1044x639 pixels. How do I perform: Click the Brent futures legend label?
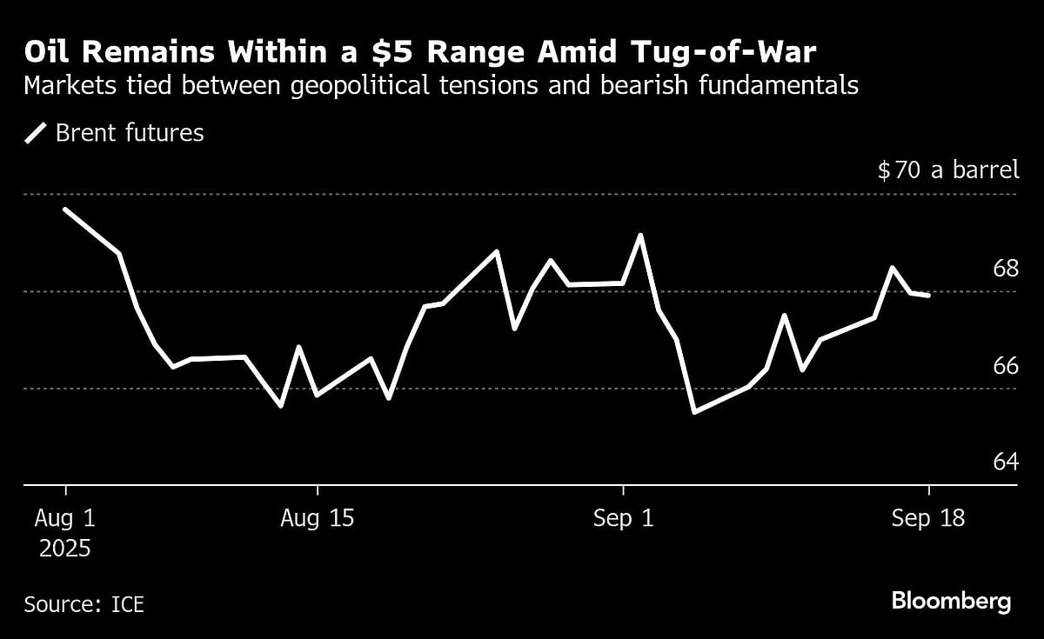130,133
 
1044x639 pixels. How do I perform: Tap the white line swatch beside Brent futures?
36,133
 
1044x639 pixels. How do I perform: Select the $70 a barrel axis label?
947,170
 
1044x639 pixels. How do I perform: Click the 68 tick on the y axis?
1006,268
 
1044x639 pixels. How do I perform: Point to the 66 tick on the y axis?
1006,365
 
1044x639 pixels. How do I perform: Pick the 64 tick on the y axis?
1006,462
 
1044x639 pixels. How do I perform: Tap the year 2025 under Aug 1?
63,549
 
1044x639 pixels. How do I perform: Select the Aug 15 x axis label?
318,519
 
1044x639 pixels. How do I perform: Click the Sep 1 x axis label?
623,519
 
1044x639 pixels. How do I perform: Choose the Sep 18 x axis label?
928,519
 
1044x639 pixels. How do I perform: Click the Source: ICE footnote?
84,603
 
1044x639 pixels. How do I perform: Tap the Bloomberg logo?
951,601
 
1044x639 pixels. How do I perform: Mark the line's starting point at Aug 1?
66,210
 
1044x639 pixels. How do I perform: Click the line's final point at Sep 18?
928,296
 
